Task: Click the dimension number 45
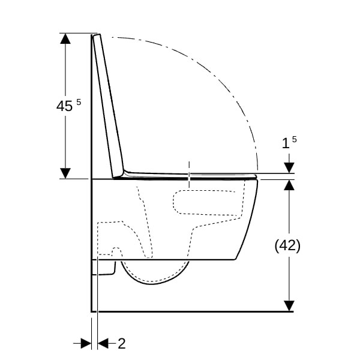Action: (65, 106)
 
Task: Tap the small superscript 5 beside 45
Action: (79, 102)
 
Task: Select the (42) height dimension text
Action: (287, 245)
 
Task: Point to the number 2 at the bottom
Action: (122, 343)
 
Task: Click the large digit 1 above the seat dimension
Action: (286, 143)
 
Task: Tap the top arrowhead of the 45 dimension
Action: (65, 38)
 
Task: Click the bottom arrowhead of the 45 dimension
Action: (65, 173)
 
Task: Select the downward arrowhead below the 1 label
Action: (289, 167)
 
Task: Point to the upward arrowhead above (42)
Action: (289, 185)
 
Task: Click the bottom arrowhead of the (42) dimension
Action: (289, 306)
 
